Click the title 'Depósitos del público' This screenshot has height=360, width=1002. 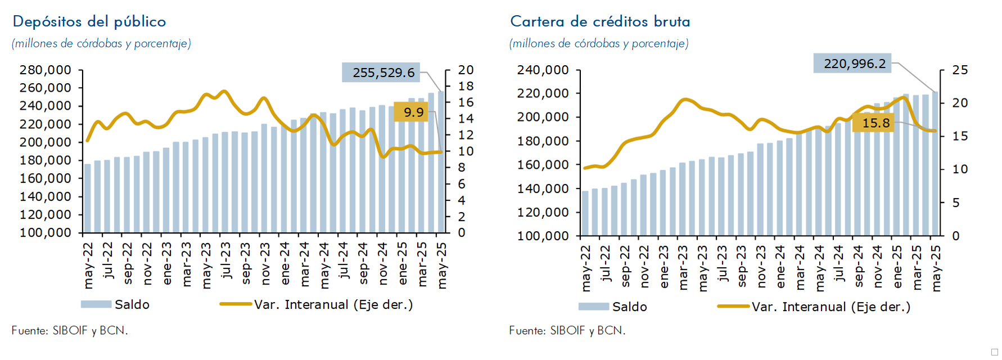coord(89,21)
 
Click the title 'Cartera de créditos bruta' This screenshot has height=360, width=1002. coord(600,21)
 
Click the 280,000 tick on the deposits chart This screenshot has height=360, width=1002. coord(46,70)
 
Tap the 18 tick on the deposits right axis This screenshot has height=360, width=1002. coord(466,86)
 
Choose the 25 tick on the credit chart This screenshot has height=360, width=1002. coord(960,70)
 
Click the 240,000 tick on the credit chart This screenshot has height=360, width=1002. coord(543,70)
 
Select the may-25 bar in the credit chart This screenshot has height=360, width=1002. coord(936,163)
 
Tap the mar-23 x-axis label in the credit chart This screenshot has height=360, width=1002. coord(683,267)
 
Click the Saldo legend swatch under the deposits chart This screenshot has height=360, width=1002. coord(96,304)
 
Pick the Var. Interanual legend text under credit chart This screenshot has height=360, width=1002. coord(831,307)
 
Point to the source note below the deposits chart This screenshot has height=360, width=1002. coord(70,331)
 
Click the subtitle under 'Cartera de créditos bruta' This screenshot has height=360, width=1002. coord(599,43)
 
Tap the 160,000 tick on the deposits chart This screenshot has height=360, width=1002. coord(46,178)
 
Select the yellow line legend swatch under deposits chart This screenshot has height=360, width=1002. coord(236,304)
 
